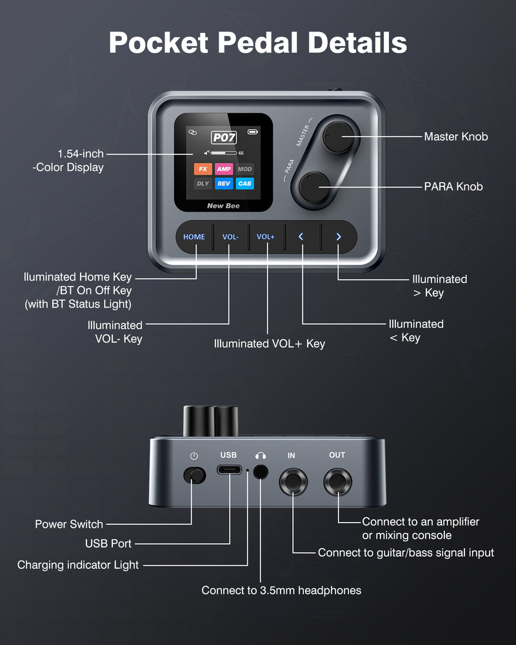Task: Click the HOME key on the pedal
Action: point(193,237)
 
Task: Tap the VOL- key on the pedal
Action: point(230,237)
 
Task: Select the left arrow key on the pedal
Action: point(301,237)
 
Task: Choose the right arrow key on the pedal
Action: point(338,237)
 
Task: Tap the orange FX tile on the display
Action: point(203,169)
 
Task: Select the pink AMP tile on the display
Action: point(224,169)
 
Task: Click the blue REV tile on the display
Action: point(224,184)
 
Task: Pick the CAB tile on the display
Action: point(244,184)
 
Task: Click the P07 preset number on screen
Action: point(224,137)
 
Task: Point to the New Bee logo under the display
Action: point(223,206)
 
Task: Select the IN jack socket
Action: point(292,482)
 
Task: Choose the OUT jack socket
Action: point(337,482)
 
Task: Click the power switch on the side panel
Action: point(194,475)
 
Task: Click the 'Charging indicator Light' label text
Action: point(78,565)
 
